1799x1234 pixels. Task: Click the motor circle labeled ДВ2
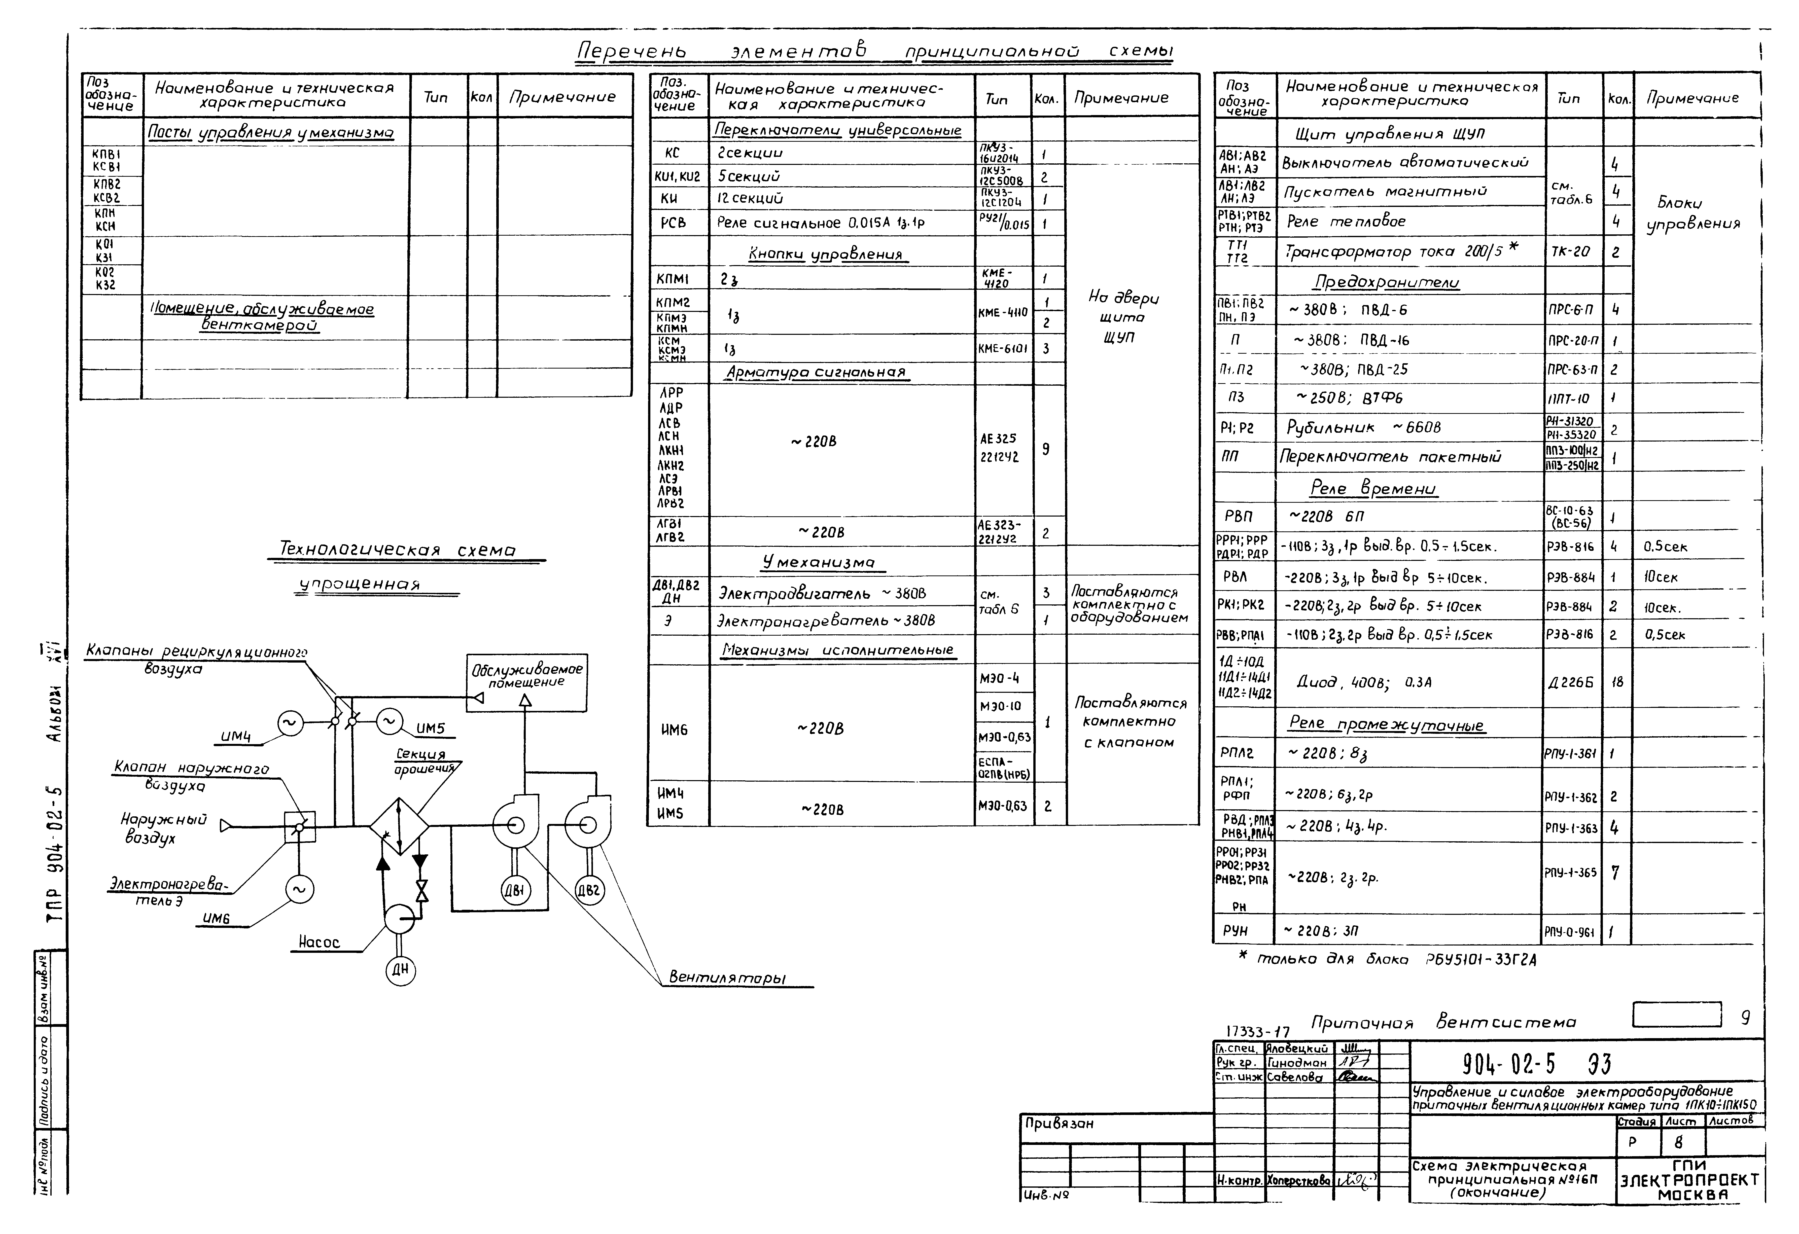pyautogui.click(x=589, y=890)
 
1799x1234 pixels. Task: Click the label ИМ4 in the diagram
pyautogui.click(x=236, y=737)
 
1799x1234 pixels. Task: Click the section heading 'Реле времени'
pyautogui.click(x=1372, y=489)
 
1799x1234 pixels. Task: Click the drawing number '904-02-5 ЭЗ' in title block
pyautogui.click(x=1537, y=1065)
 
